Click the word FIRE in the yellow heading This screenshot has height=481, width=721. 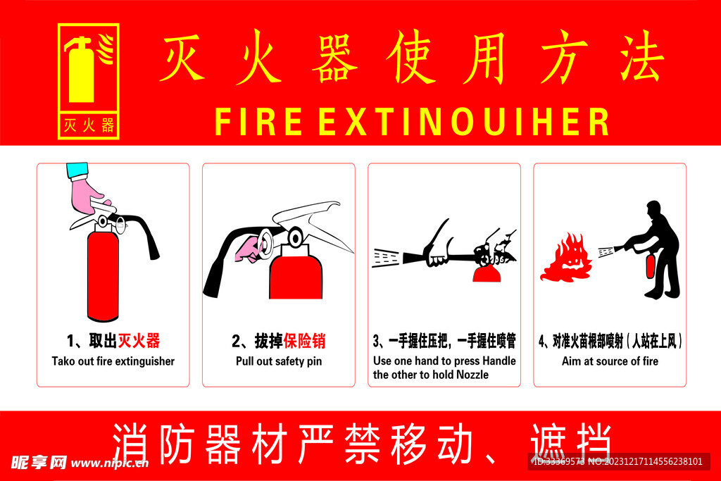point(258,122)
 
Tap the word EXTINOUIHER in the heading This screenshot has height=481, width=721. point(463,122)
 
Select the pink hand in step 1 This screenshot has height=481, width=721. point(89,196)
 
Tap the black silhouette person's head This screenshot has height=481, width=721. point(653,210)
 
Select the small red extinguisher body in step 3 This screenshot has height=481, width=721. point(487,274)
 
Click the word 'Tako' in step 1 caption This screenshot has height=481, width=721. point(63,361)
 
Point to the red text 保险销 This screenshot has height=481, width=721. point(304,341)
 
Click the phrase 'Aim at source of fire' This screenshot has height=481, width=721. point(610,361)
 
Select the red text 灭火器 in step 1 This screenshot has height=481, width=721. point(139,341)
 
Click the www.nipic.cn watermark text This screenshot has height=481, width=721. point(109,463)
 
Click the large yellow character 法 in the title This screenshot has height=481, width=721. point(642,56)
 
